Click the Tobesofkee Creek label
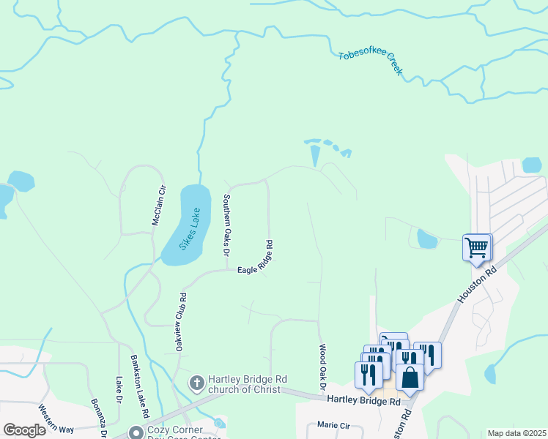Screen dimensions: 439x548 [371, 64]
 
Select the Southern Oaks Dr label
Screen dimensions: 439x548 [226, 225]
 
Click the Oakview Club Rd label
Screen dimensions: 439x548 [181, 323]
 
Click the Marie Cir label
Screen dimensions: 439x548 [333, 424]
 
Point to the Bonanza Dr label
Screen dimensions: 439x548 [99, 419]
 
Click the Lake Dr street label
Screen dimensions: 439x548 [118, 390]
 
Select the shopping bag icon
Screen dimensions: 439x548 [410, 377]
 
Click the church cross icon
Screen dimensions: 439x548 [196, 383]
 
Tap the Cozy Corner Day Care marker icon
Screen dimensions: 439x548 [135, 432]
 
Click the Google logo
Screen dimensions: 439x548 [24, 430]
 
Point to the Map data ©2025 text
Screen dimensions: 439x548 [516, 433]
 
